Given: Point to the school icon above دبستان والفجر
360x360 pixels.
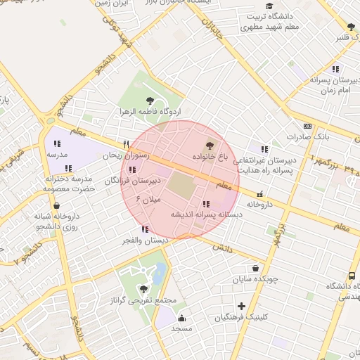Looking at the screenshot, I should pyautogui.click(x=145, y=229).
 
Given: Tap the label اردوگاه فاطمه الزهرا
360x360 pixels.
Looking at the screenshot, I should pyautogui.click(x=150, y=112).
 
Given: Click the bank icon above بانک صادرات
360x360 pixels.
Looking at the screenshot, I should pyautogui.click(x=307, y=125).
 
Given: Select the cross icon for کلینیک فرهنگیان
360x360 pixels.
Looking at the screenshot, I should pyautogui.click(x=242, y=306).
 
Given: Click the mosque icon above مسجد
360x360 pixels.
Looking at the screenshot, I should pyautogui.click(x=182, y=318).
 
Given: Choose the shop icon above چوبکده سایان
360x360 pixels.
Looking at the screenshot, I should pyautogui.click(x=255, y=268).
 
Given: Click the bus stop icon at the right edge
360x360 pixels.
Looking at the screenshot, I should pyautogui.click(x=351, y=276).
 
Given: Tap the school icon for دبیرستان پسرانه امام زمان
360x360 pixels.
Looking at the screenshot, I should pyautogui.click(x=335, y=70).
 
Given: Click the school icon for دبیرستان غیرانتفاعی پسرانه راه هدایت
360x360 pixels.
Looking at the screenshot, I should pyautogui.click(x=264, y=150).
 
